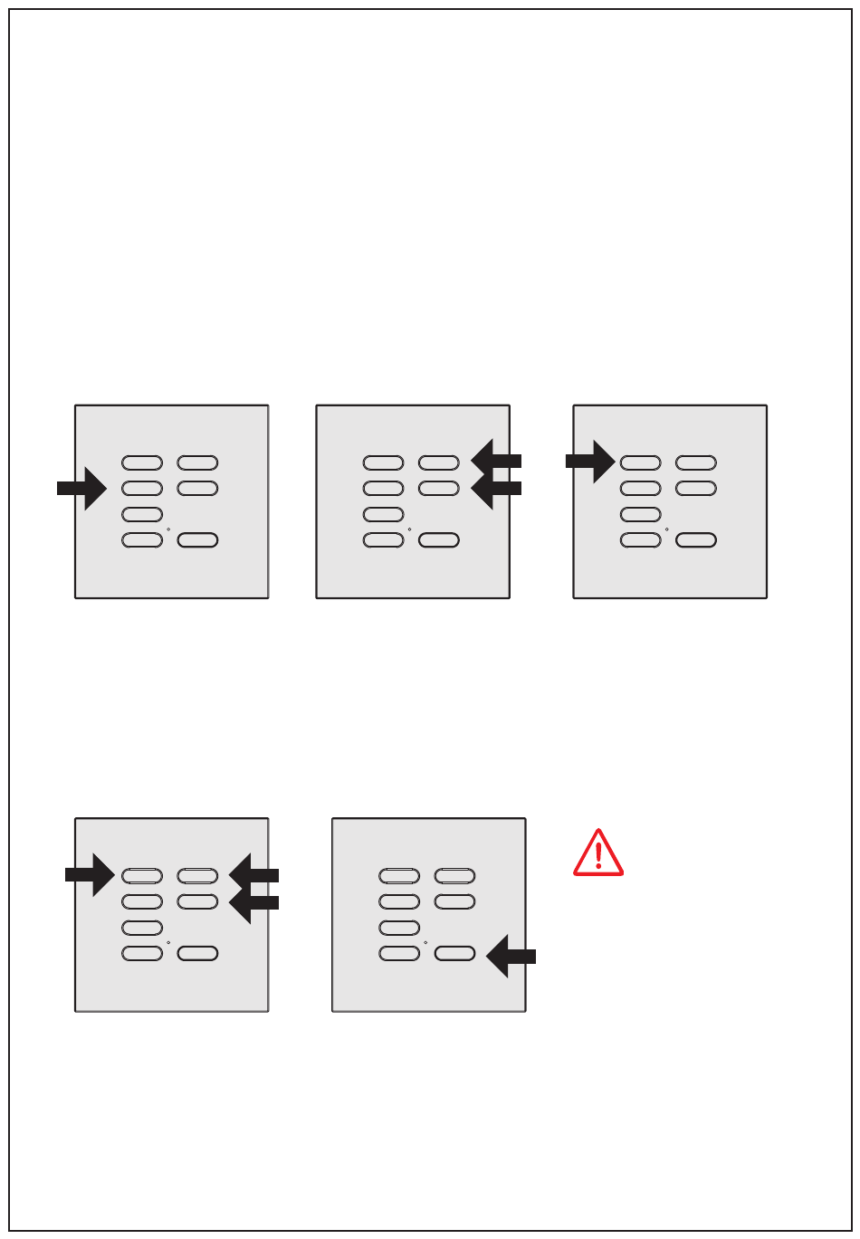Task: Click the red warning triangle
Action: tap(597, 853)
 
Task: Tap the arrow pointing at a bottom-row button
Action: tap(511, 956)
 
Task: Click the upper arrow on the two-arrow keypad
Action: tap(496, 460)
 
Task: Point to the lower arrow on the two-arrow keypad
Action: tap(496, 488)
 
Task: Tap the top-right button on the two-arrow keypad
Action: tap(438, 463)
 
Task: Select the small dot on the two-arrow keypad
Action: tap(409, 529)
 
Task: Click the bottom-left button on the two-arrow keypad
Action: tap(383, 541)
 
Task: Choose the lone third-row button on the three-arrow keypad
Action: tap(142, 928)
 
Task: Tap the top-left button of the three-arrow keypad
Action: tap(142, 876)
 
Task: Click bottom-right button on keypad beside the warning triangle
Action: tap(454, 953)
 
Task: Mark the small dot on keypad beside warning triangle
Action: tap(425, 941)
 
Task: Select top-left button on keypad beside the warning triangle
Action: tap(399, 876)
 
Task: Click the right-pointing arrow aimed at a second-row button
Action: tap(81, 488)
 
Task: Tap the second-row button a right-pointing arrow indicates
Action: tap(142, 489)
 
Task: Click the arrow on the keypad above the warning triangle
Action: tap(590, 461)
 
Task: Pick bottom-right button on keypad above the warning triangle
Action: tap(696, 541)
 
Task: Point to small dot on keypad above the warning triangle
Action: tap(666, 529)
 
